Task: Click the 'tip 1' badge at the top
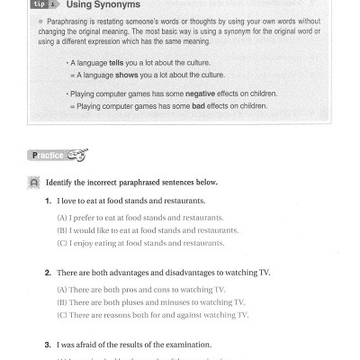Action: tap(41, 4)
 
